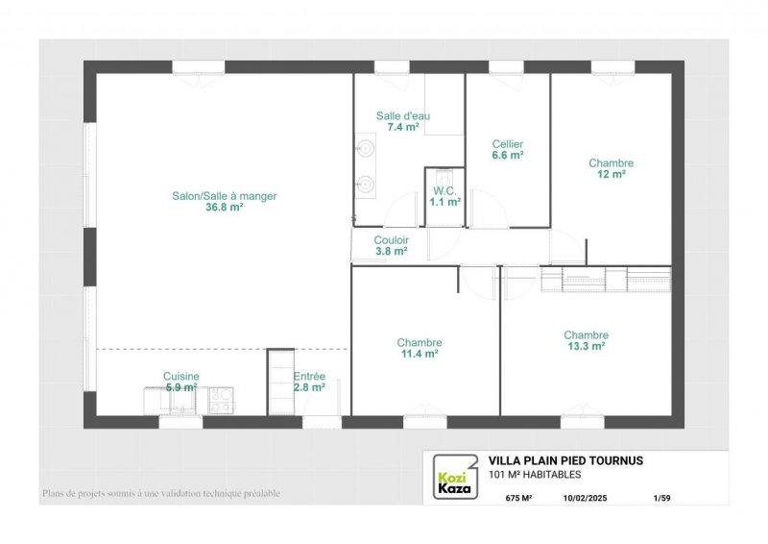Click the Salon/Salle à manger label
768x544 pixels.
click(225, 196)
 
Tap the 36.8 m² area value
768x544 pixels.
click(225, 207)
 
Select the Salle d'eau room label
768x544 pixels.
click(403, 115)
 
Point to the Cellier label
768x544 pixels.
click(508, 144)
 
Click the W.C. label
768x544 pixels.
click(444, 191)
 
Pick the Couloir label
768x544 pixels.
click(392, 240)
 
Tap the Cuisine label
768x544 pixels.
click(181, 376)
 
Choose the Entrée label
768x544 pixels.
click(309, 376)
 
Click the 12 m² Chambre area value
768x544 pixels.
click(612, 174)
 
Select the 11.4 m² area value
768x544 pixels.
click(420, 353)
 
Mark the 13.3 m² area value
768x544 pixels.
click(587, 346)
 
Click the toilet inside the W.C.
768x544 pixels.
click(444, 176)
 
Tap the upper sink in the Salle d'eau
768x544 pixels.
click(366, 147)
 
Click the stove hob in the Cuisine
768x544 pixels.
click(222, 400)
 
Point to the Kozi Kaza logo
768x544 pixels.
click(454, 477)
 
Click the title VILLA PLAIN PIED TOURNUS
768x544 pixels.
click(565, 460)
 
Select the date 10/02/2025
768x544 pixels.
click(585, 498)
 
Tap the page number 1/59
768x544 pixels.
click(662, 498)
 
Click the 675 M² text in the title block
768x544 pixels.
click(518, 498)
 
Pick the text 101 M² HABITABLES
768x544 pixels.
click(535, 475)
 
